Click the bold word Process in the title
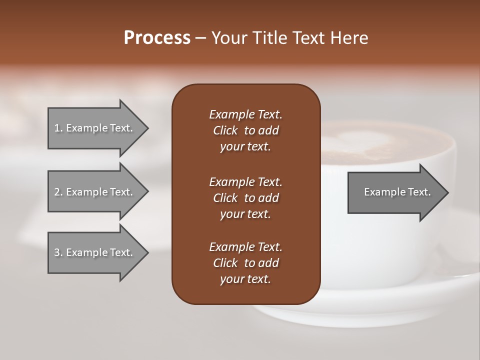(157, 38)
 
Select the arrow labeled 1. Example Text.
(93, 128)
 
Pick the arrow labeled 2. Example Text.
(93, 192)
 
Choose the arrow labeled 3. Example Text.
(93, 252)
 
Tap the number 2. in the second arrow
(58, 192)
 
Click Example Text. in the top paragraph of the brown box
(245, 114)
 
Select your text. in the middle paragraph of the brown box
(245, 214)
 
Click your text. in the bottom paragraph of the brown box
(245, 279)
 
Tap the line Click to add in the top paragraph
(245, 130)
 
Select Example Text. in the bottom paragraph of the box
(245, 247)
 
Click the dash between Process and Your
(201, 38)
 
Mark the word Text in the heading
(306, 38)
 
